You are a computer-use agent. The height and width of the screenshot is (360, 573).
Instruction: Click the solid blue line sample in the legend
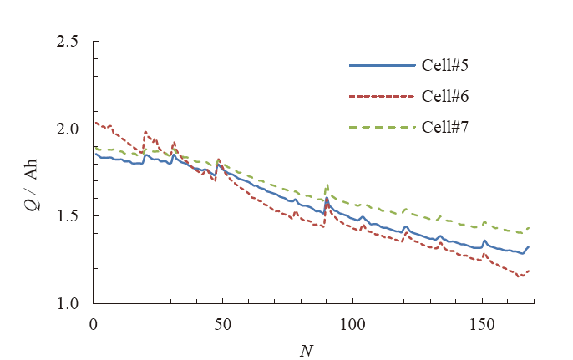point(381,64)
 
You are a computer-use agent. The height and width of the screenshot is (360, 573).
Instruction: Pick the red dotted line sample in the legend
point(381,95)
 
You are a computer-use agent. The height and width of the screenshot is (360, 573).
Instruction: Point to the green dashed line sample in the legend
point(381,127)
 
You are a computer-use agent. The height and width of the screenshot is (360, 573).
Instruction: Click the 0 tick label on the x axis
point(94,322)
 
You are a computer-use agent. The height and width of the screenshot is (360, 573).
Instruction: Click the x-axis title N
point(307,348)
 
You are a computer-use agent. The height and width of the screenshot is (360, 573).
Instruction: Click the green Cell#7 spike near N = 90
point(327,185)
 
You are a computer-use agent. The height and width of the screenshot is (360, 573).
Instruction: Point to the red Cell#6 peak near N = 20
point(145,132)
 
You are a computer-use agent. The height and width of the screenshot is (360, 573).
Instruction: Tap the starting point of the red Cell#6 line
point(94,123)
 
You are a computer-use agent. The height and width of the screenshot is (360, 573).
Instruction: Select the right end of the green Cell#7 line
point(529,228)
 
